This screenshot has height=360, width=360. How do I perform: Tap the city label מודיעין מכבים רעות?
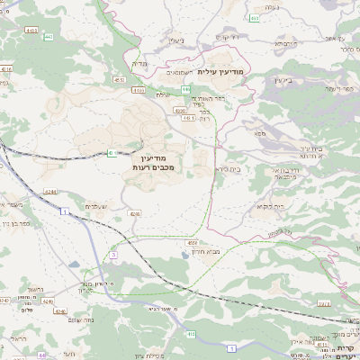[139, 163]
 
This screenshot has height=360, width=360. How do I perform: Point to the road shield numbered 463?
[256, 18]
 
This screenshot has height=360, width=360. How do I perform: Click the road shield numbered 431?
[112, 154]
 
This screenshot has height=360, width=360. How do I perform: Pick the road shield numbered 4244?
[49, 191]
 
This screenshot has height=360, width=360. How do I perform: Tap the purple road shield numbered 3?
[113, 256]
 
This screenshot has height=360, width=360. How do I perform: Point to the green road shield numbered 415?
[191, 334]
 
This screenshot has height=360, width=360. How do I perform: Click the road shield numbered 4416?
[7, 68]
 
